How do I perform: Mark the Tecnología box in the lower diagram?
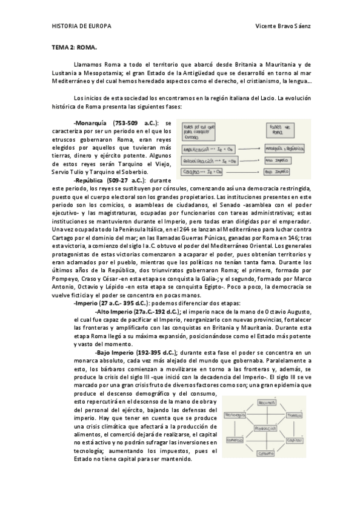(x=236, y=415)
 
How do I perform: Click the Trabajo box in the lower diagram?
(x=294, y=415)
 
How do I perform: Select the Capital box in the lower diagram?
(x=295, y=440)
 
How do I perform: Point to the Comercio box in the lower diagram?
(x=235, y=440)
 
